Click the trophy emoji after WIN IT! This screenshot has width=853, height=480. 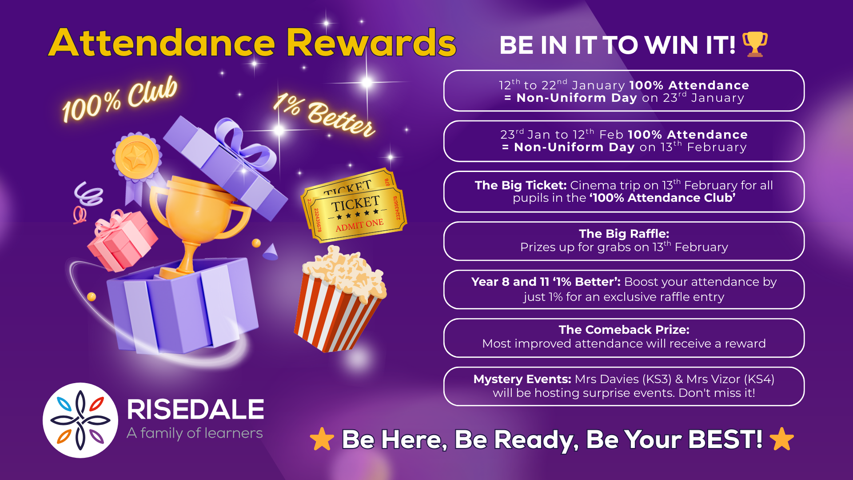click(755, 44)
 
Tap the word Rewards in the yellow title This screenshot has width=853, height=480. click(371, 43)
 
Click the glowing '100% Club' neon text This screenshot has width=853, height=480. click(120, 100)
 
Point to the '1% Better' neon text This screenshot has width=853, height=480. click(324, 115)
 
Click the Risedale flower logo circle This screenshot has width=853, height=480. click(80, 420)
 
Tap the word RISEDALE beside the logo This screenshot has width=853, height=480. click(195, 409)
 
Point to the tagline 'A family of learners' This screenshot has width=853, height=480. click(195, 433)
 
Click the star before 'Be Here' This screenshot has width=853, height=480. click(322, 439)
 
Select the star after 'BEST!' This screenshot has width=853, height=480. click(781, 439)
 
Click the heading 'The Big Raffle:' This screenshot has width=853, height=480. click(624, 234)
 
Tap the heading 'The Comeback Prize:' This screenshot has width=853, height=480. click(624, 330)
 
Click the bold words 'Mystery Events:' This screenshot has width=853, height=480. click(522, 379)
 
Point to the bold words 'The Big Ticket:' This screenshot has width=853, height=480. click(520, 185)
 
